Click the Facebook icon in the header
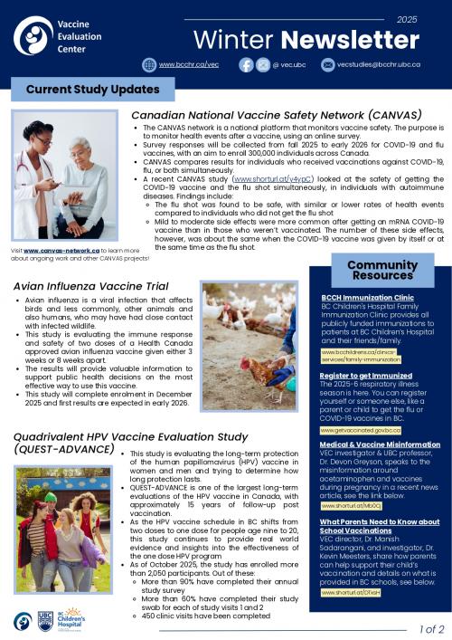pyautogui.click(x=246, y=65)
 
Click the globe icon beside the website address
pyautogui.click(x=149, y=65)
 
